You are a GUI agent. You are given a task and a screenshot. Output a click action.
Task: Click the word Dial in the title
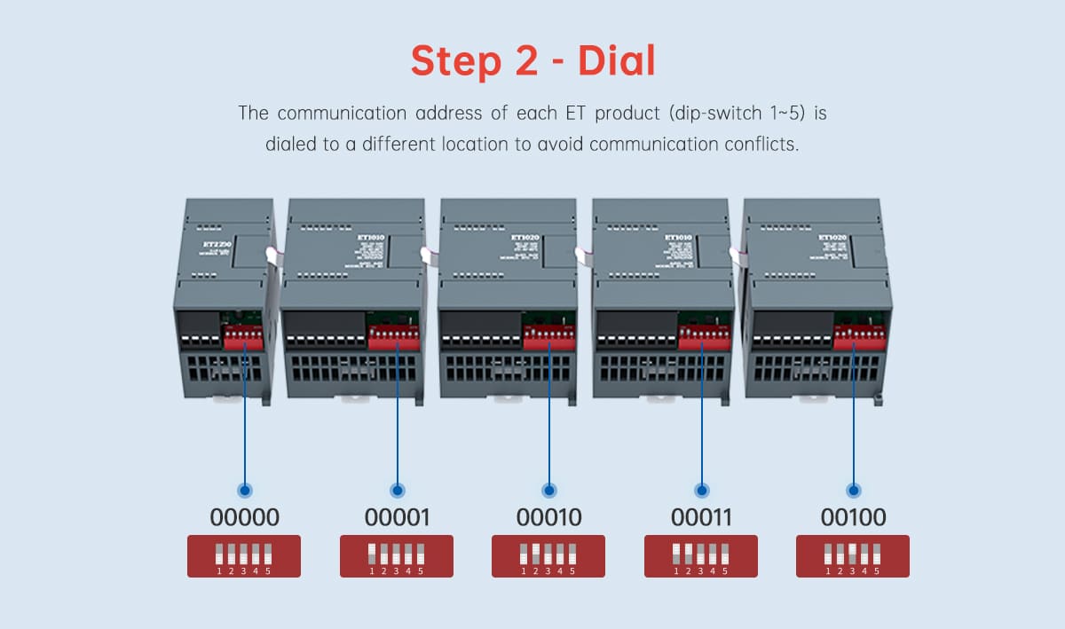coord(617,60)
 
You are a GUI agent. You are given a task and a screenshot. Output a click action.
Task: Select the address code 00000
coord(244,517)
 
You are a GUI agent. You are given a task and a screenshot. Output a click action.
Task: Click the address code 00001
coord(397,517)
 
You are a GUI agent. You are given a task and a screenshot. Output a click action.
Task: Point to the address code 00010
coord(548,517)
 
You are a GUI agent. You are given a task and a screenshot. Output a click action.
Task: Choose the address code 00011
coord(701,517)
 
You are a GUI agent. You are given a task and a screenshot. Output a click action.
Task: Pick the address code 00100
coord(853,517)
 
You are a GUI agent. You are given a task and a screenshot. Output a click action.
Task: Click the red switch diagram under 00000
coord(244,556)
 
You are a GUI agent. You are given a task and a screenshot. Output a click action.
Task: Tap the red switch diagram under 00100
coord(853,556)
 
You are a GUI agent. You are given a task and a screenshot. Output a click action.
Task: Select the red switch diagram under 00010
coord(548,556)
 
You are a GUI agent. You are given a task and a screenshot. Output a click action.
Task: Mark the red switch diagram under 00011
coord(701,556)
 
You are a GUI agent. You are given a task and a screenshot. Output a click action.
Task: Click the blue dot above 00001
coord(397,490)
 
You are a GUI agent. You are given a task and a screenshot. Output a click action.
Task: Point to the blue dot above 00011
coord(701,490)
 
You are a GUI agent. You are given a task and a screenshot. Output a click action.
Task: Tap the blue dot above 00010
coord(548,490)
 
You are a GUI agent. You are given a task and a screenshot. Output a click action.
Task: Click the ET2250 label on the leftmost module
coord(215,244)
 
